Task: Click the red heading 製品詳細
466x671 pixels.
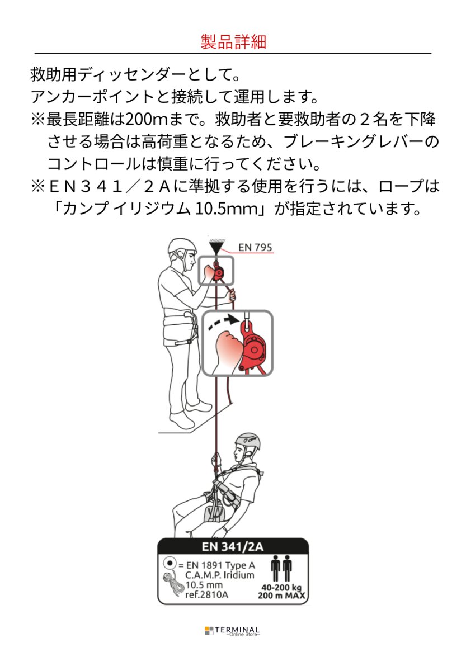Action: (x=233, y=42)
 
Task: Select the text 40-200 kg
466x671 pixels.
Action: (x=281, y=588)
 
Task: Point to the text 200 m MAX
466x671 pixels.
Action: (x=281, y=596)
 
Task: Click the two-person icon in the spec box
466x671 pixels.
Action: (x=281, y=569)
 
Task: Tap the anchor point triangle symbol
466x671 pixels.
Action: (x=215, y=246)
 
